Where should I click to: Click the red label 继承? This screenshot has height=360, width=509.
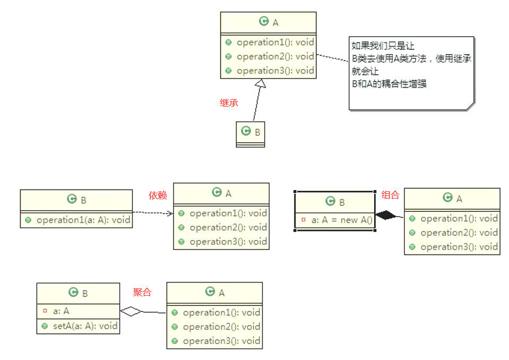tap(229, 103)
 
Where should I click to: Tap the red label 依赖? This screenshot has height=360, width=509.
tap(158, 195)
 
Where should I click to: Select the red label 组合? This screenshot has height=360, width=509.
tap(391, 195)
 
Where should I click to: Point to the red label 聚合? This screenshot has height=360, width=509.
tap(142, 292)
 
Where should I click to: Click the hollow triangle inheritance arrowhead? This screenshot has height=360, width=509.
tap(260, 83)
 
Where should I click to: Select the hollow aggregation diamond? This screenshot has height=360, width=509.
tap(132, 311)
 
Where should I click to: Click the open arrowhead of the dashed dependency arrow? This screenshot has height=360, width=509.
tap(170, 213)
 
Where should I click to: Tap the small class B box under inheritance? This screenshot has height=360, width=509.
tap(250, 134)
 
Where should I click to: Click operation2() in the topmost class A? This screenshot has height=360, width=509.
tap(275, 56)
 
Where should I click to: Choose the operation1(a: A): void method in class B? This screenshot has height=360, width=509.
tap(83, 220)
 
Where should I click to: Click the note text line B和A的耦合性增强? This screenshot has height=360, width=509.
tap(389, 83)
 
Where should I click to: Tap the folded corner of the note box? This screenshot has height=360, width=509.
tap(469, 106)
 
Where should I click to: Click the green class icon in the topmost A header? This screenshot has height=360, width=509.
tap(264, 21)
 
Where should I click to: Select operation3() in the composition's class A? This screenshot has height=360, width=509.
tap(459, 246)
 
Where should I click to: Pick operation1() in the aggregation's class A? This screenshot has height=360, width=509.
tap(221, 312)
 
